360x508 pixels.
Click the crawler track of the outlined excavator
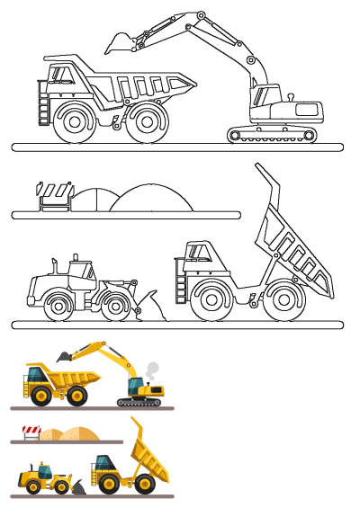coord(273,135)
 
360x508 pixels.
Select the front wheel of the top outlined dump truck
coord(73,122)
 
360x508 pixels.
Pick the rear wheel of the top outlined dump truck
coord(145,122)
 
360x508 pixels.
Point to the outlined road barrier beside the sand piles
coord(54,196)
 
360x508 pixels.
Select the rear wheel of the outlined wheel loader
coord(59,306)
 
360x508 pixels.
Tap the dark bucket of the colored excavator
coord(64,356)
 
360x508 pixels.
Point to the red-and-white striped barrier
coord(31,432)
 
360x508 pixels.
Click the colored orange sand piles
coord(72,435)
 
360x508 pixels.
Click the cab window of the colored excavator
coord(134,386)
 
